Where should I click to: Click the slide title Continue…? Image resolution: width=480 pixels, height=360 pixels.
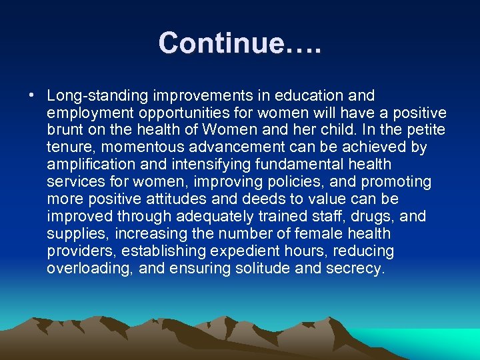[239, 43]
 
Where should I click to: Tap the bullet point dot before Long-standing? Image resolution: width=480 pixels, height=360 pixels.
[32, 95]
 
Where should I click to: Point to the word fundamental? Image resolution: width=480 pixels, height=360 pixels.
[291, 165]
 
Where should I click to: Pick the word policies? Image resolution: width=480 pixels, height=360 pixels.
[297, 182]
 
